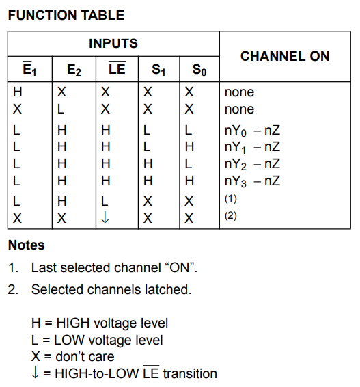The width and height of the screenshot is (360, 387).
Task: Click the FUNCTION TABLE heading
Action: click(66, 15)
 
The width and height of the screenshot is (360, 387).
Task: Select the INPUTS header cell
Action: click(113, 44)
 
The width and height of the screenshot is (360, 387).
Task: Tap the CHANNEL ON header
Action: click(285, 56)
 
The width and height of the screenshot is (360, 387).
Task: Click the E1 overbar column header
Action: click(29, 68)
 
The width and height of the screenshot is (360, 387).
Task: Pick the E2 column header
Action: click(74, 70)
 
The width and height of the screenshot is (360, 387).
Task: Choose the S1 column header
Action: click(158, 70)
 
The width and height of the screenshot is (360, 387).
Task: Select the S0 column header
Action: click(199, 70)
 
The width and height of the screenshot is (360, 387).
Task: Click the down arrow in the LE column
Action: click(105, 217)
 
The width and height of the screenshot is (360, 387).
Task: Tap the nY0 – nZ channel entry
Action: click(252, 131)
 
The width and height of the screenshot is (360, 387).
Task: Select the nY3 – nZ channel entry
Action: click(252, 181)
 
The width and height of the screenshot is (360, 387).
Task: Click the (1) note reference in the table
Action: click(230, 199)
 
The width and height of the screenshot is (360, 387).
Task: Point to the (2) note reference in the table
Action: click(230, 216)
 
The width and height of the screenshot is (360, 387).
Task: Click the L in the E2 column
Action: click(61, 109)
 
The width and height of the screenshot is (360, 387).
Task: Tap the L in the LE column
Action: click(105, 202)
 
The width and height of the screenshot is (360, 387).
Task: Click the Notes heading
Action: click(27, 245)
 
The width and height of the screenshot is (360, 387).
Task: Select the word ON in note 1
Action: click(181, 268)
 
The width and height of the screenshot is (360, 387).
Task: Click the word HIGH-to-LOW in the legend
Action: click(96, 373)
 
